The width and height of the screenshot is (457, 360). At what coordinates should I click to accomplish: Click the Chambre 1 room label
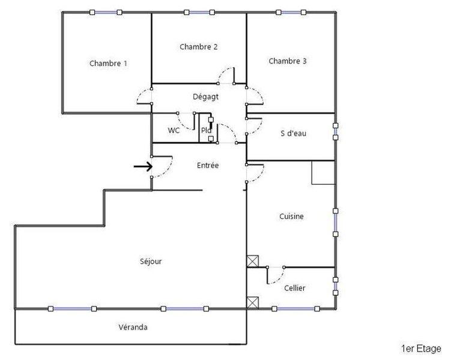click(x=108, y=63)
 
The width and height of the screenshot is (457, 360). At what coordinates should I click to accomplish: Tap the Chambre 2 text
click(x=199, y=47)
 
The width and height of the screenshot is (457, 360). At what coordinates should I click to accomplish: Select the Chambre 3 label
click(x=288, y=61)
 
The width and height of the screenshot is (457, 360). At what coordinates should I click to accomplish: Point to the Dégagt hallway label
click(x=205, y=97)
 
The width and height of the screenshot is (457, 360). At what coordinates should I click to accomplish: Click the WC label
click(x=174, y=130)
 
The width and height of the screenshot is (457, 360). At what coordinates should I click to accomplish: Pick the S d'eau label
click(x=293, y=133)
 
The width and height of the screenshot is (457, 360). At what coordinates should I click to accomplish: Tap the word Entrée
click(x=208, y=165)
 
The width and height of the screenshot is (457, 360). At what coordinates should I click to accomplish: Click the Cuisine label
click(x=291, y=217)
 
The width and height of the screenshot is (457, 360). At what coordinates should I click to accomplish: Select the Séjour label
click(x=151, y=261)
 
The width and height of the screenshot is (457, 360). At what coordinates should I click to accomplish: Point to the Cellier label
click(x=295, y=288)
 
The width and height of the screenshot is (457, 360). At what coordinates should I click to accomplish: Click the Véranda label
click(x=133, y=327)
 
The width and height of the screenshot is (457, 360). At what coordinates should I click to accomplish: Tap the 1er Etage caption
click(x=421, y=349)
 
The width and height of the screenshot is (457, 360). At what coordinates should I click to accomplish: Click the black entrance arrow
click(x=143, y=167)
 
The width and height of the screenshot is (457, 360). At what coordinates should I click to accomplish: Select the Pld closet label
click(x=207, y=130)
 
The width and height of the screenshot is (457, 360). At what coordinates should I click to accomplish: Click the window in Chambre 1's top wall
click(x=106, y=13)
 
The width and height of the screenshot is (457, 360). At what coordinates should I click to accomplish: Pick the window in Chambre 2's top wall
click(x=199, y=13)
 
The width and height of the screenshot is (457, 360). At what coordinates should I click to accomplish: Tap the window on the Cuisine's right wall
click(x=336, y=223)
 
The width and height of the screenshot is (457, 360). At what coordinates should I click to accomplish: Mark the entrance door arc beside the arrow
click(x=168, y=170)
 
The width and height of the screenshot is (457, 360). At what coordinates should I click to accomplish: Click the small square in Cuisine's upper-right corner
click(x=323, y=173)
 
